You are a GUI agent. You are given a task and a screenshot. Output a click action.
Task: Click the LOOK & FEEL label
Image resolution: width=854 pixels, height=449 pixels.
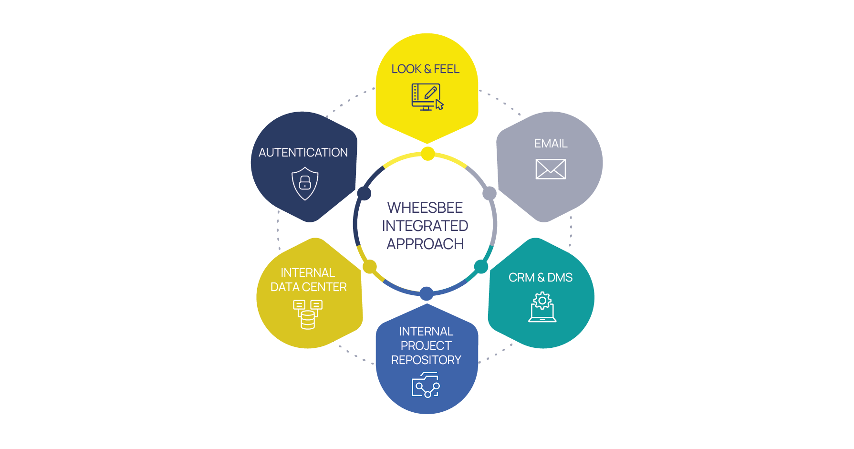click(x=425, y=69)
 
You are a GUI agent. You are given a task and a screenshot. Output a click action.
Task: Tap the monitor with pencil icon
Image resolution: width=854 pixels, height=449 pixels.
click(x=427, y=97)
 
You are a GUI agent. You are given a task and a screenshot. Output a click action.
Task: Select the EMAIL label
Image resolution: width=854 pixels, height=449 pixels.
click(x=551, y=144)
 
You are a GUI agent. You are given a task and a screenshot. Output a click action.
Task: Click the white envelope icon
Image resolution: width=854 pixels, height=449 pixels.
click(x=551, y=169)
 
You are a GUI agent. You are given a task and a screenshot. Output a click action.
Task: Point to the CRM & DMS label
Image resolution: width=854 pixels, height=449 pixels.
click(x=540, y=278)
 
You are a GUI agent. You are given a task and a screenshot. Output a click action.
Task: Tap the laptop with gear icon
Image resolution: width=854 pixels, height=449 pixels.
click(x=542, y=308)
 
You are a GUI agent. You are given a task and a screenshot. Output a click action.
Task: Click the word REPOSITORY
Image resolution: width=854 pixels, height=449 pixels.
click(x=426, y=360)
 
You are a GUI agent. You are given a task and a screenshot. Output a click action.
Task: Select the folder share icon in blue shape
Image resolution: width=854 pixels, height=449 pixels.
click(x=426, y=385)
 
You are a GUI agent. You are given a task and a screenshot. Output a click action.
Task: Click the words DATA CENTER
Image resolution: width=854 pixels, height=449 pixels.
click(x=308, y=287)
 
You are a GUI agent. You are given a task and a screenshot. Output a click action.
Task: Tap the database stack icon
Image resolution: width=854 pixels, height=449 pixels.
click(x=308, y=314)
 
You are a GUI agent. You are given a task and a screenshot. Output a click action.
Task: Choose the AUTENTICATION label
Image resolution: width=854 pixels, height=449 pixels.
click(x=303, y=153)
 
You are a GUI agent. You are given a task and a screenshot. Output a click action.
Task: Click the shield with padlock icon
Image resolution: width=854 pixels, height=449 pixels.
click(x=305, y=183)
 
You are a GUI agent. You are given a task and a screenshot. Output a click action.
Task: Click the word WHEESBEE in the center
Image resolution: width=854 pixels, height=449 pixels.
click(x=425, y=208)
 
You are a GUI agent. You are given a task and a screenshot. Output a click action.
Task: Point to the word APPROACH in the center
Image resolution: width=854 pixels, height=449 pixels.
click(x=425, y=244)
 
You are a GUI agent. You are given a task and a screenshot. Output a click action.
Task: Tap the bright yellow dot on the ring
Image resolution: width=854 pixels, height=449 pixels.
click(x=428, y=154)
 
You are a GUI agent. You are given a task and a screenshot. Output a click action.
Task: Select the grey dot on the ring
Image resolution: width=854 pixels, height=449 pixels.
click(x=489, y=193)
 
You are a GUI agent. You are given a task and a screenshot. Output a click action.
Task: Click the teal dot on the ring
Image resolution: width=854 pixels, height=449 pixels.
click(x=481, y=267)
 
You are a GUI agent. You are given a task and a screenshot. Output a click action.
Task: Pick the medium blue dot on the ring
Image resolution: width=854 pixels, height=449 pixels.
click(x=427, y=293)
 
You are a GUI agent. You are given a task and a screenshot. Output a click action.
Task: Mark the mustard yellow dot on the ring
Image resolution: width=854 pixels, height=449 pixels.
click(x=370, y=267)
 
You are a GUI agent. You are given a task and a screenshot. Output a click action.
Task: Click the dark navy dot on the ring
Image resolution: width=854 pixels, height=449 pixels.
click(x=364, y=193)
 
